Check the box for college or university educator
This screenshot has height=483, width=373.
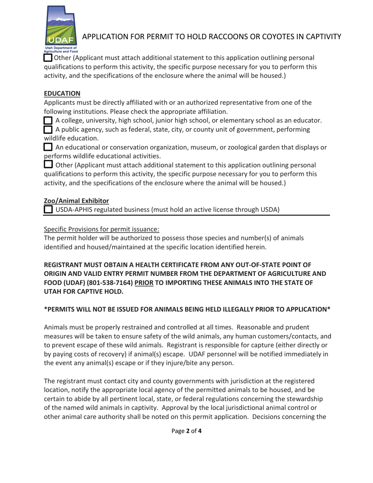(x=48, y=120)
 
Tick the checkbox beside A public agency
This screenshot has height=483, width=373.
(x=48, y=130)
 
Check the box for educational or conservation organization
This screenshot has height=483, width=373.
(x=48, y=147)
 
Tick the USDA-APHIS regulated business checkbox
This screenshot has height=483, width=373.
(x=48, y=210)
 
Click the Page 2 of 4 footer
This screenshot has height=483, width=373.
(x=186, y=431)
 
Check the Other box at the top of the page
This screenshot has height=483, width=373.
(x=48, y=58)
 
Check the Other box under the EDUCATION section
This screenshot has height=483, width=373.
(x=48, y=165)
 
